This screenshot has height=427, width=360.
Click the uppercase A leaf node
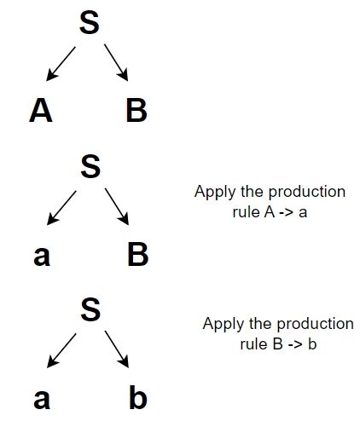point(40,111)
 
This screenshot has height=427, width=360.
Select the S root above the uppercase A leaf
point(90,24)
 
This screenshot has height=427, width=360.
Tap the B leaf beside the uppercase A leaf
point(135,111)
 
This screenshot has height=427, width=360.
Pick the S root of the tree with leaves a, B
point(90,165)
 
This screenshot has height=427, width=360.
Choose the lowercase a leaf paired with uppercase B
point(41,254)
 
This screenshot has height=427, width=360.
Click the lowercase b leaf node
point(136,399)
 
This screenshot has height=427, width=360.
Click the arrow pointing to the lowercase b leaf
point(117,351)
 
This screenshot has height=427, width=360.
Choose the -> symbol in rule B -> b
point(293,344)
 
